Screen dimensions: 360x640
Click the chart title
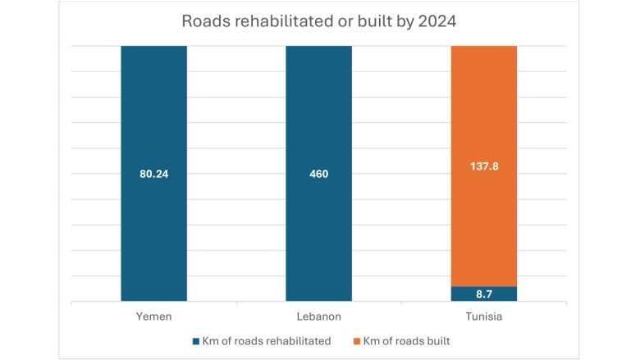318,22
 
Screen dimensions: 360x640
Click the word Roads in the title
203,22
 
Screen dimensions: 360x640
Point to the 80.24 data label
153,174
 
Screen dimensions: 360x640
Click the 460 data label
318,174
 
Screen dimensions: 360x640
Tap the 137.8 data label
484,166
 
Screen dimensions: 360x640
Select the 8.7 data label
484,294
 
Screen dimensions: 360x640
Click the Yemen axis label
153,316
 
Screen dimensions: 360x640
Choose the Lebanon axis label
318,316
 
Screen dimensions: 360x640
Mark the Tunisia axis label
484,316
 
